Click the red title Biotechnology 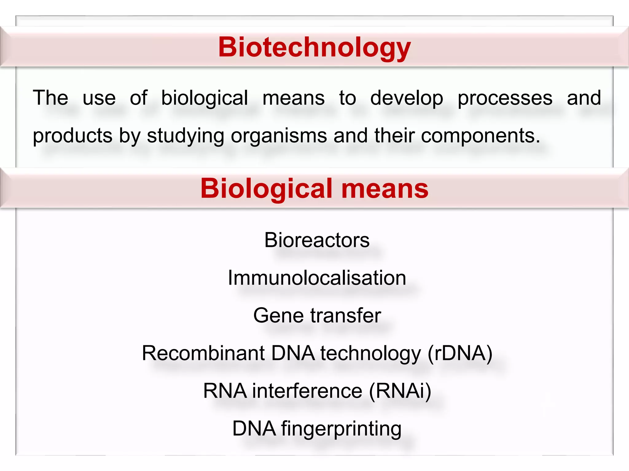coord(314,47)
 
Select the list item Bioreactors coord(317,240)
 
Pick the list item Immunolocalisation coord(317,278)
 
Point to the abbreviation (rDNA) coord(460,353)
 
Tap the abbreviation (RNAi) coord(400,391)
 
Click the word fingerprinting coord(341,429)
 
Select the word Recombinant coord(203,353)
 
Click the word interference coord(307,391)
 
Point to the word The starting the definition coord(50,98)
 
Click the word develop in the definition coord(407,98)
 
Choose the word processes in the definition coord(505,98)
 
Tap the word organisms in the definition coord(279,136)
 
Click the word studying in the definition coord(186,136)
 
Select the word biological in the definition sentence coord(205,98)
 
